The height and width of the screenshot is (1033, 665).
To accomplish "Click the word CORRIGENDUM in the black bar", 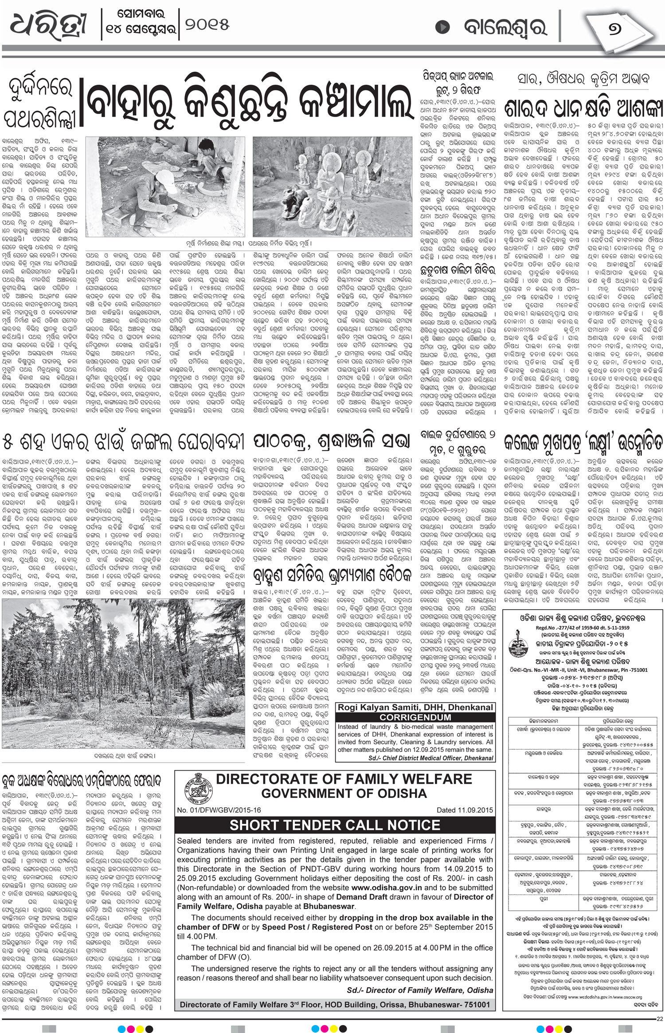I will point(416,717).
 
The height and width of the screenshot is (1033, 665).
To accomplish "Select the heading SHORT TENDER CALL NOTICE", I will point(335,825).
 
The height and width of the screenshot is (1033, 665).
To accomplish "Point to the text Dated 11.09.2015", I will point(465,810).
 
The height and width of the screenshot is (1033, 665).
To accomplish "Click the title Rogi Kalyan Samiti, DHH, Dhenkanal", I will point(416,708).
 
